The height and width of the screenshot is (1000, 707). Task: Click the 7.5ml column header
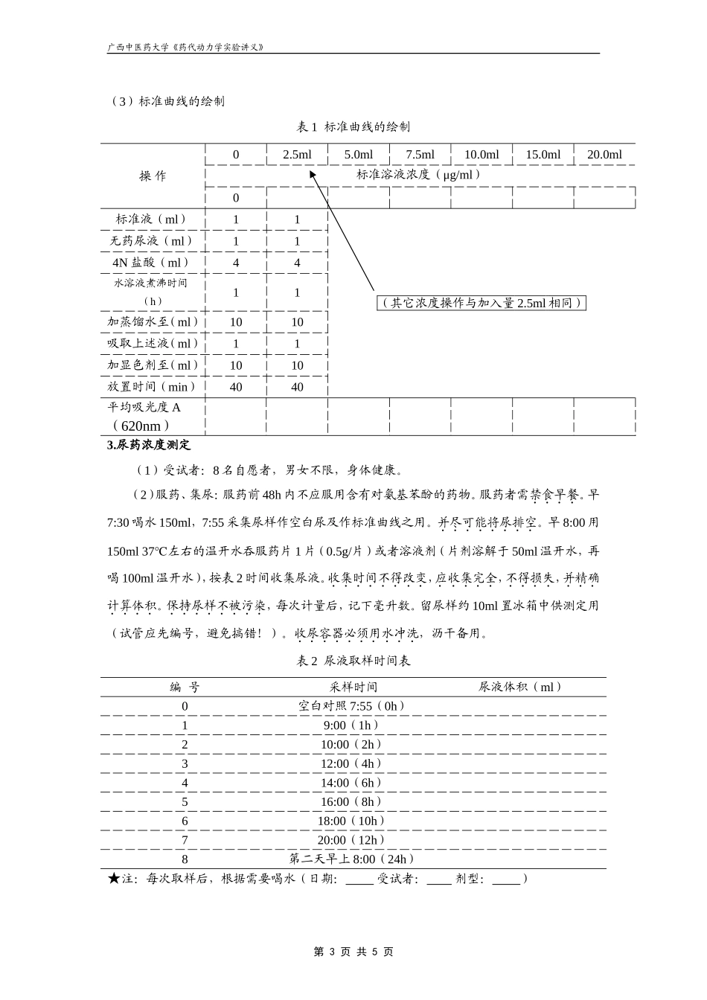420,155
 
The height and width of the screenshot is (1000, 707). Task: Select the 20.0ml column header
604,155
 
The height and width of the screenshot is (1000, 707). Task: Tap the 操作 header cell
153,176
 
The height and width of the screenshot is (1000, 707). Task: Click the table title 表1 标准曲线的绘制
353,126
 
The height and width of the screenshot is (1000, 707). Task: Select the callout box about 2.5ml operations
481,303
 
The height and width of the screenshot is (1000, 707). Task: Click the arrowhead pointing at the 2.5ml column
313,173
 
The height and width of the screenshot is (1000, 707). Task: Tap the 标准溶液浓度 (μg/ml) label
418,175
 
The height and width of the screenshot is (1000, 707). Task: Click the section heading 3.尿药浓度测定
149,445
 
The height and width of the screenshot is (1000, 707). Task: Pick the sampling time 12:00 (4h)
353,763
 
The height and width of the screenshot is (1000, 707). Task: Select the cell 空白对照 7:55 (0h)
353,706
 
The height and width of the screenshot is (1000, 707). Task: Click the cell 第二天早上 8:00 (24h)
353,859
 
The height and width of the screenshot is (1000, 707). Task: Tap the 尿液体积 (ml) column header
521,687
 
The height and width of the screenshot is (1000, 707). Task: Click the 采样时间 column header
353,687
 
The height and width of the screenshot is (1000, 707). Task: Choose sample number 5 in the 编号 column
185,802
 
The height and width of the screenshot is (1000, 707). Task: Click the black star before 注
114,879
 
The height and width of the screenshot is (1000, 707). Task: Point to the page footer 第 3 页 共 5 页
353,952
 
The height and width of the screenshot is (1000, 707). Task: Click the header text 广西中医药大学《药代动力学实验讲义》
186,47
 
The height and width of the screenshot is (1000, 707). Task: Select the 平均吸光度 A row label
145,408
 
